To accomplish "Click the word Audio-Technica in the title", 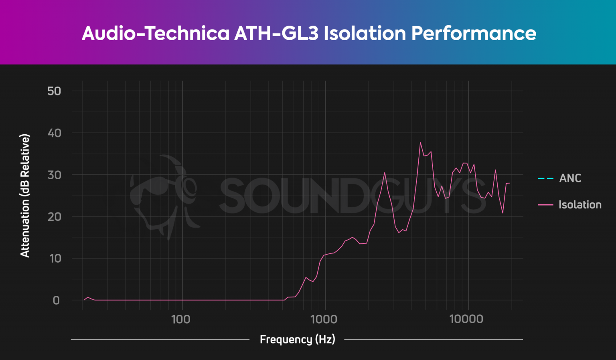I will click(x=156, y=33).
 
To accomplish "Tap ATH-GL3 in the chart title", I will click(x=276, y=33).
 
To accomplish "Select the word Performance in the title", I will click(x=474, y=33).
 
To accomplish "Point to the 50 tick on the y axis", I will click(x=54, y=91).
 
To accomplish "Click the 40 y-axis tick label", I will click(x=54, y=133).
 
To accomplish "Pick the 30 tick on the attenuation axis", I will click(x=54, y=175).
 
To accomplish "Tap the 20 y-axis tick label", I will click(x=54, y=217).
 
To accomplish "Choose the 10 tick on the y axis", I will click(x=55, y=259).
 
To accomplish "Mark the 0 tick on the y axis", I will click(x=56, y=300).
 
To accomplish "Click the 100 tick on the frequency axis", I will click(x=180, y=320).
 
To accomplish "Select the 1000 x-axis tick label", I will click(x=324, y=320).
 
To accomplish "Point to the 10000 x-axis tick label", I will click(x=466, y=320).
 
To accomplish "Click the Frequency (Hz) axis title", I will click(x=297, y=340).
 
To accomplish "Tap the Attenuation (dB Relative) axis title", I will click(x=25, y=196).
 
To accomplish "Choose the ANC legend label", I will click(x=570, y=178).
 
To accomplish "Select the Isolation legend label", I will click(x=580, y=204).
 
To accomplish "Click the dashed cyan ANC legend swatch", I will click(x=545, y=178).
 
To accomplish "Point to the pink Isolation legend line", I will click(x=545, y=205).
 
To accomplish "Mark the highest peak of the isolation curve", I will click(x=420, y=142).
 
